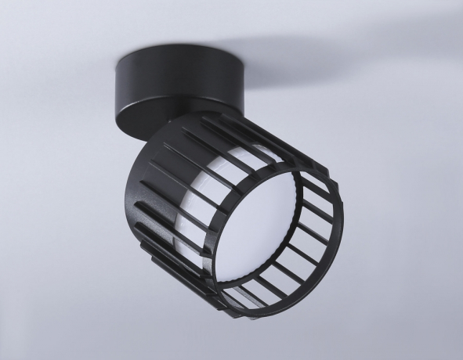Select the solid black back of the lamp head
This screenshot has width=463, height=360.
[153, 188]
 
